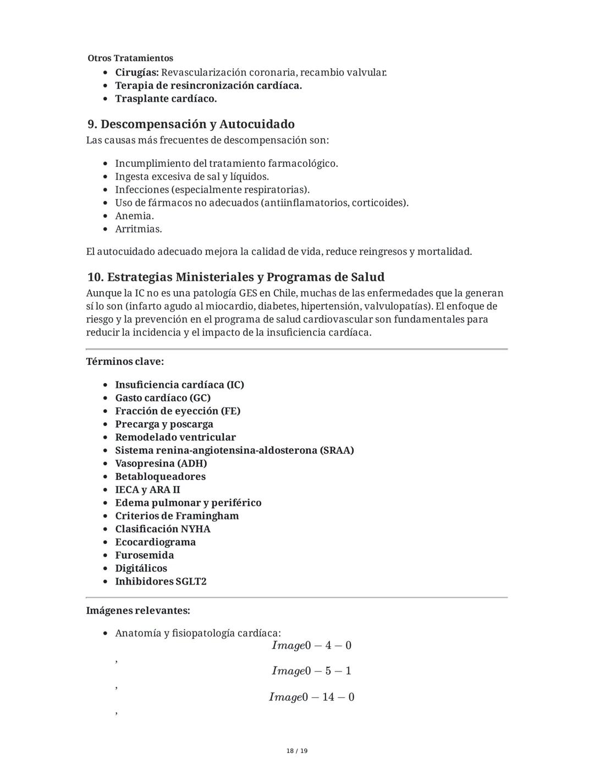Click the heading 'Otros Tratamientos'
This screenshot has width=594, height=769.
(130, 58)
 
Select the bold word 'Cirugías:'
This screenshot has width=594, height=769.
(137, 73)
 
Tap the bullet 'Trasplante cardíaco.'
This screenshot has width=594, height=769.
(166, 99)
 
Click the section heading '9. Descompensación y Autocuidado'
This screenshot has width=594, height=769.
(191, 124)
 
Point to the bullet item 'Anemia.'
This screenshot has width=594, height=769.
(134, 216)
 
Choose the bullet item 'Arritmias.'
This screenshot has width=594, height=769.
(138, 229)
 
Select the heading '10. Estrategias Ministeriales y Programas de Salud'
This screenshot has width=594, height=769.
(235, 277)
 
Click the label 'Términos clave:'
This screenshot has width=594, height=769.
(125, 362)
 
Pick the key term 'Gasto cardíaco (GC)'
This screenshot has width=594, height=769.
(163, 398)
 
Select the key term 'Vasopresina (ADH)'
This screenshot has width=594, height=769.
(161, 463)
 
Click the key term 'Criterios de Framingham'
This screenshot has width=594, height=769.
(177, 516)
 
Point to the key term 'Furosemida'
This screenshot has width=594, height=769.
(144, 555)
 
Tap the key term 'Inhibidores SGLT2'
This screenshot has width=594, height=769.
(161, 581)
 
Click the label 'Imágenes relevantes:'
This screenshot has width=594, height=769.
(138, 610)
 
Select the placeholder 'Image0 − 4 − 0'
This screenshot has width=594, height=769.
(311, 645)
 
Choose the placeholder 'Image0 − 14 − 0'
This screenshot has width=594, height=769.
(311, 697)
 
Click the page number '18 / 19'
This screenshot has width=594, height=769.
(297, 751)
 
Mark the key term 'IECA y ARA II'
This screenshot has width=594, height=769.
(147, 490)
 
